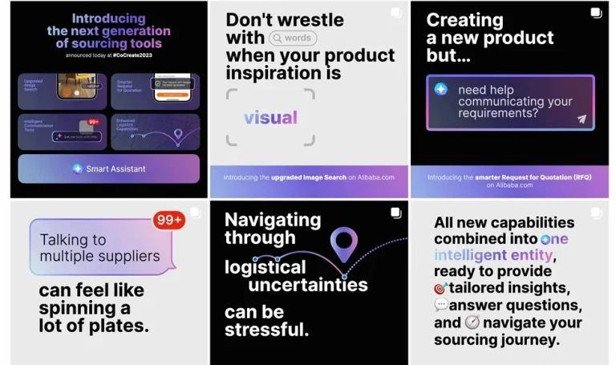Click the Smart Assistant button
point(108,168)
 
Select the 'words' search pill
point(293,37)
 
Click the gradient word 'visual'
point(270,118)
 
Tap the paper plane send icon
point(582,119)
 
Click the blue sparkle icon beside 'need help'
point(441,89)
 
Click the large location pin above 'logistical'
point(344,243)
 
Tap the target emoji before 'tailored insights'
point(440,289)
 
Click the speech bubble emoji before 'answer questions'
point(441,306)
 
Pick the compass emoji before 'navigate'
point(472,322)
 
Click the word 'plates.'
point(120,325)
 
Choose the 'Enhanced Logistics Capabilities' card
point(155,132)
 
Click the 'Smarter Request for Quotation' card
point(155,91)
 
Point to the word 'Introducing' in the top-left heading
point(108,18)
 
